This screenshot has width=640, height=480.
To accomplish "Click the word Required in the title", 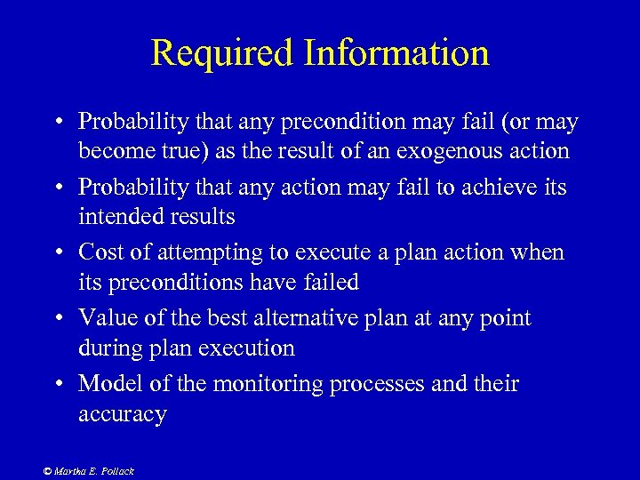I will [x=222, y=52].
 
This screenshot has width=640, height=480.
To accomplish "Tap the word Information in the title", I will [x=396, y=52].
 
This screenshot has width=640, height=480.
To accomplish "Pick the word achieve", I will [x=501, y=187].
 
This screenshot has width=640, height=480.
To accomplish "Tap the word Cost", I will [x=102, y=252].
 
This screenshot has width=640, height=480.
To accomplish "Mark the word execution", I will [x=243, y=348].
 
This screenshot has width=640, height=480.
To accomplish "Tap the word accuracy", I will [x=122, y=415].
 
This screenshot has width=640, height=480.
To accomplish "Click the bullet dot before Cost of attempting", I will [x=55, y=253].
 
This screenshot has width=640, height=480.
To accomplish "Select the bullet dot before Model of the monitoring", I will [x=55, y=385].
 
